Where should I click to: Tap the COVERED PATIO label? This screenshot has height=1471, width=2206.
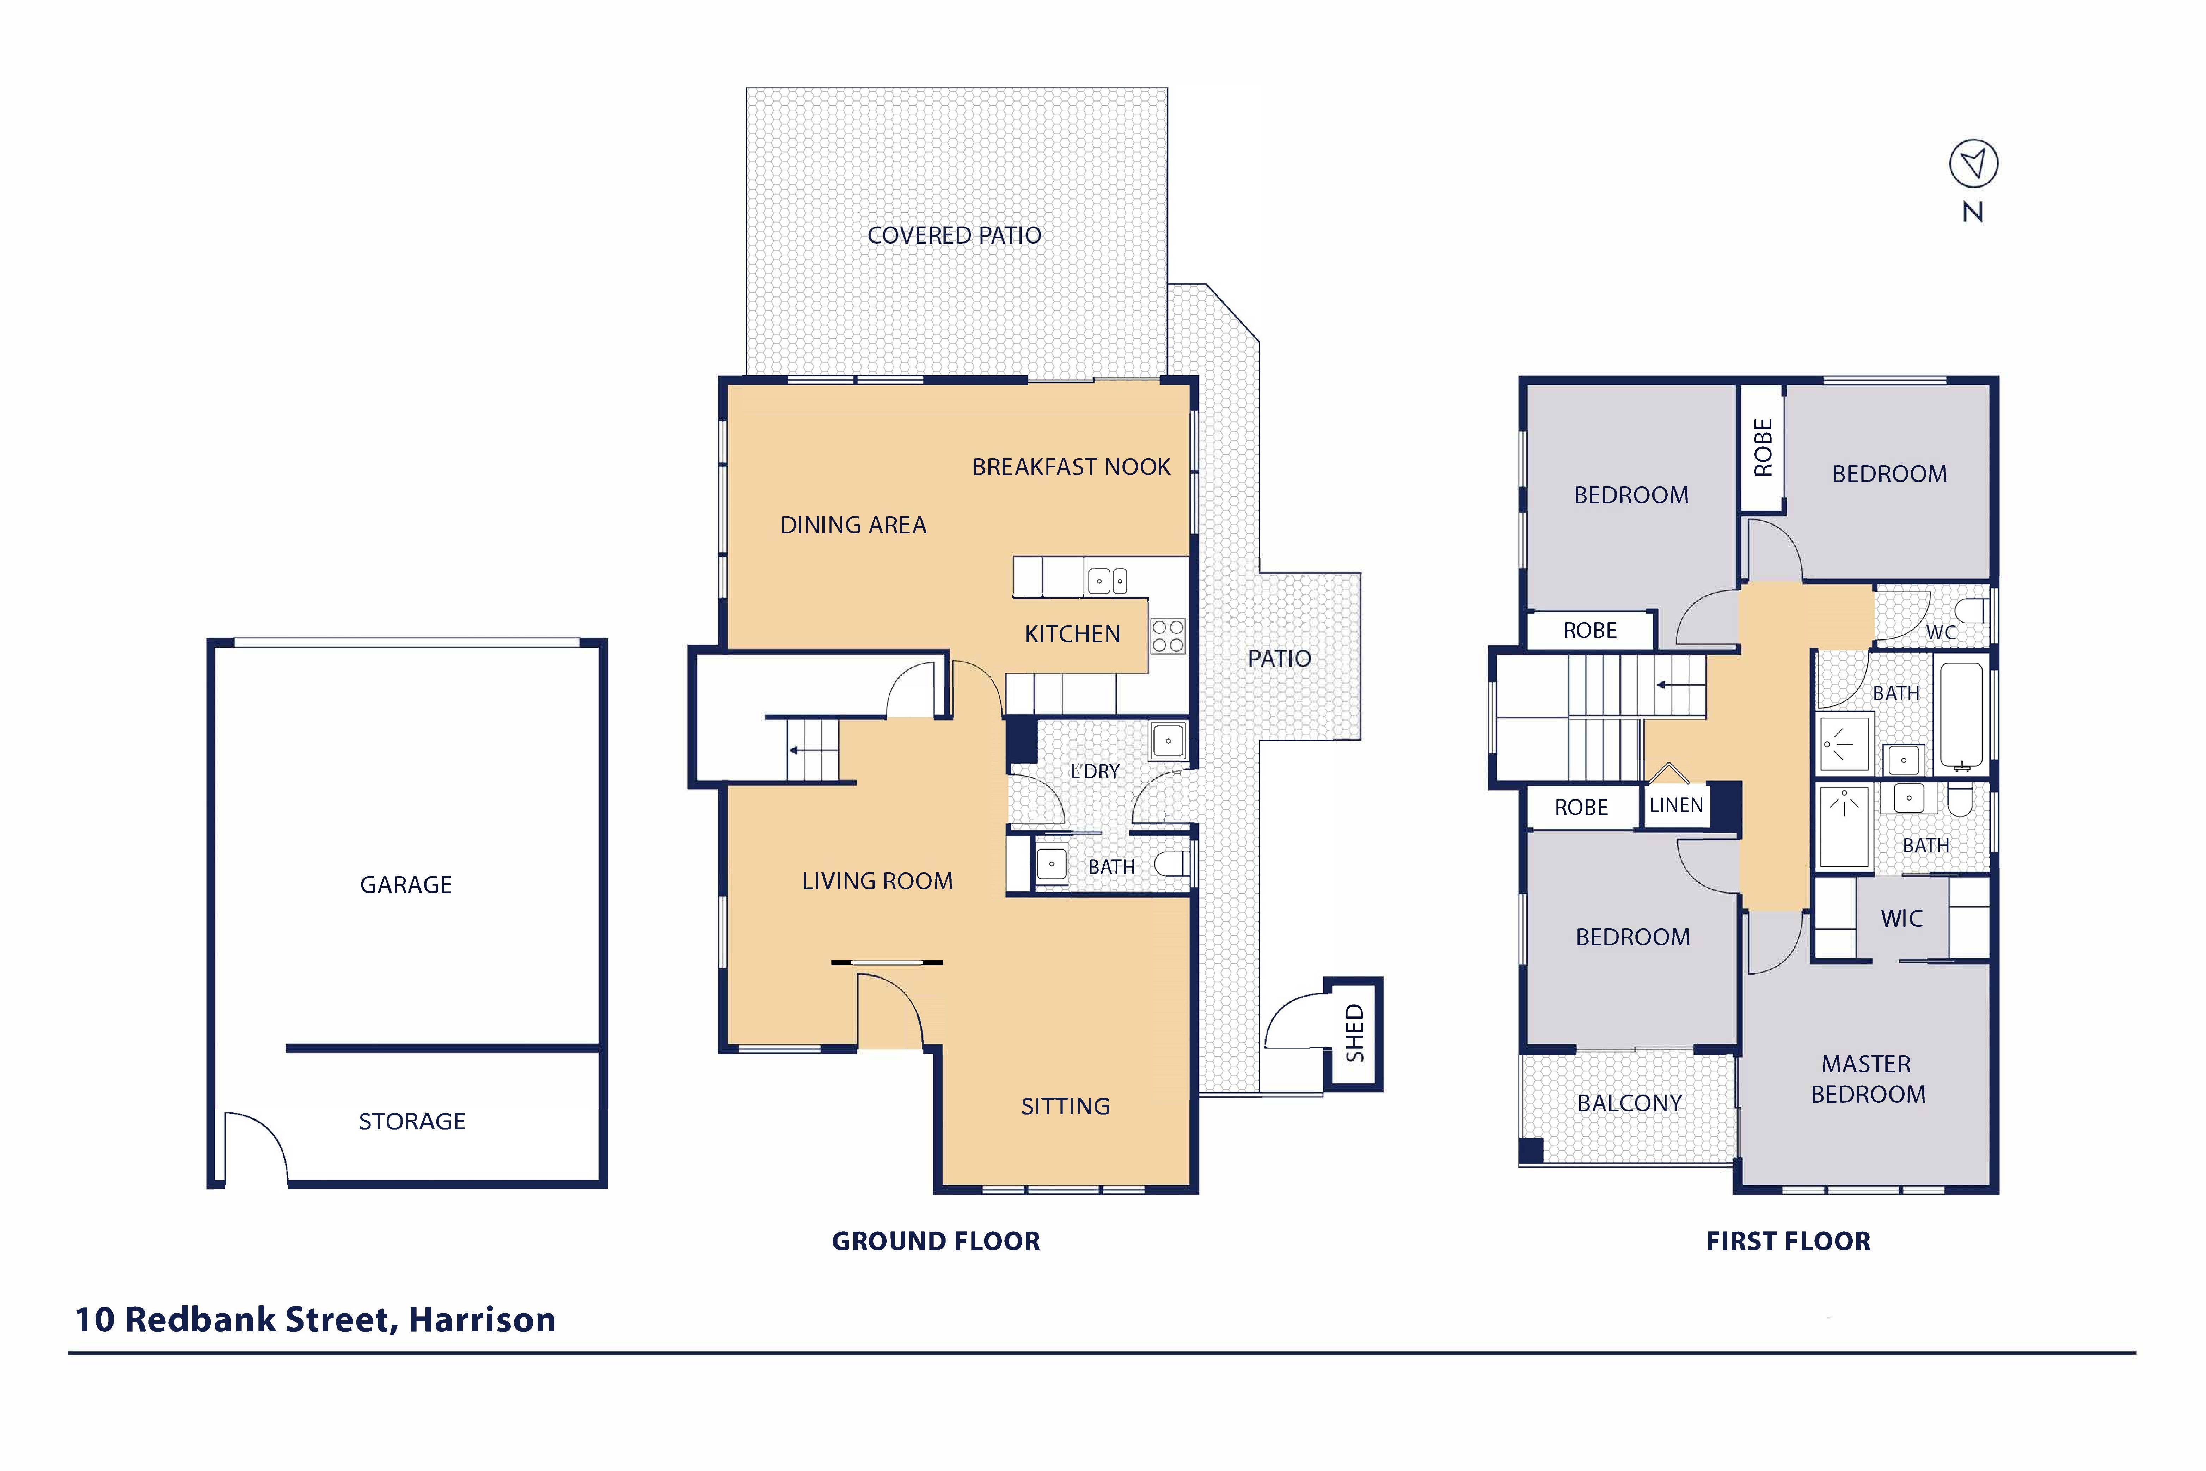954,235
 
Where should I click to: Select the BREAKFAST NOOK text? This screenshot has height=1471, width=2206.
1071,467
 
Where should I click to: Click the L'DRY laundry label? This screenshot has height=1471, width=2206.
1095,771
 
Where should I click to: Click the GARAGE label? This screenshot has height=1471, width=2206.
406,885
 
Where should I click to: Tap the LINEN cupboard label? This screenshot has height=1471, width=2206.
1676,805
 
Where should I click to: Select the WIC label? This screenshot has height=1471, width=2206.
1902,918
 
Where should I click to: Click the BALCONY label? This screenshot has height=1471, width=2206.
1630,1103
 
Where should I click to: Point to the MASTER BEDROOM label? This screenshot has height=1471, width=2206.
1867,1079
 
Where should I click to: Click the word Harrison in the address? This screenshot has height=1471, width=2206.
482,1320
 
